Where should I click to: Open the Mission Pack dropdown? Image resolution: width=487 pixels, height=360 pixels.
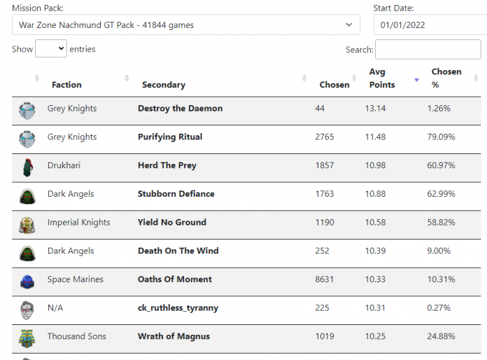coord(185,25)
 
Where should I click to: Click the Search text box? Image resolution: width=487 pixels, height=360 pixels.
coord(428,50)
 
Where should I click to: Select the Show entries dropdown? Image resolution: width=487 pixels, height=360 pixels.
coord(50,49)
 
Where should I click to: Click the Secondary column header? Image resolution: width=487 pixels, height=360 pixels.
coord(163,85)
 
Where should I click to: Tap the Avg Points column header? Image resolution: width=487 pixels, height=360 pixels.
coord(382,78)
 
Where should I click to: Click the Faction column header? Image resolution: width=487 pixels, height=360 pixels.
coord(66,85)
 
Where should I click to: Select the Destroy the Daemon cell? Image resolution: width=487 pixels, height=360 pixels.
coord(180,109)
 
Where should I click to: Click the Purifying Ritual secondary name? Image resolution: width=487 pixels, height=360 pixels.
coord(170,137)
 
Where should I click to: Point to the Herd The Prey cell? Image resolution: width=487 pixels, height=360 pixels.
coord(167,165)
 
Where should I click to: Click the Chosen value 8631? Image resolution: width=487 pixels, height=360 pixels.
coord(325,279)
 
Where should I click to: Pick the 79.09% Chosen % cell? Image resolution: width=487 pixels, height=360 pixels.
coord(441,137)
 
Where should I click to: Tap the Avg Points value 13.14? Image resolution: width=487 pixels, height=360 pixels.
coord(375,109)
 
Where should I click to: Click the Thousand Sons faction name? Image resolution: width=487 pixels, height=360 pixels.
coord(76,336)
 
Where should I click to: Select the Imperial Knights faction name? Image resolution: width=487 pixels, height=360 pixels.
coord(78,223)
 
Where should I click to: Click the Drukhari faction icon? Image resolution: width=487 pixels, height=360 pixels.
coord(27,167)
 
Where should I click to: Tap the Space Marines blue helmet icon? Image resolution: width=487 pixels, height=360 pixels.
coord(27,281)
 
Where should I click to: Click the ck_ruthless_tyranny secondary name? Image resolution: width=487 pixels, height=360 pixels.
coord(178,308)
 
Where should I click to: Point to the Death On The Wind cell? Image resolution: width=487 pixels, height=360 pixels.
coord(178,251)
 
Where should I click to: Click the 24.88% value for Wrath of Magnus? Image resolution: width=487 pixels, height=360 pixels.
coord(441,336)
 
